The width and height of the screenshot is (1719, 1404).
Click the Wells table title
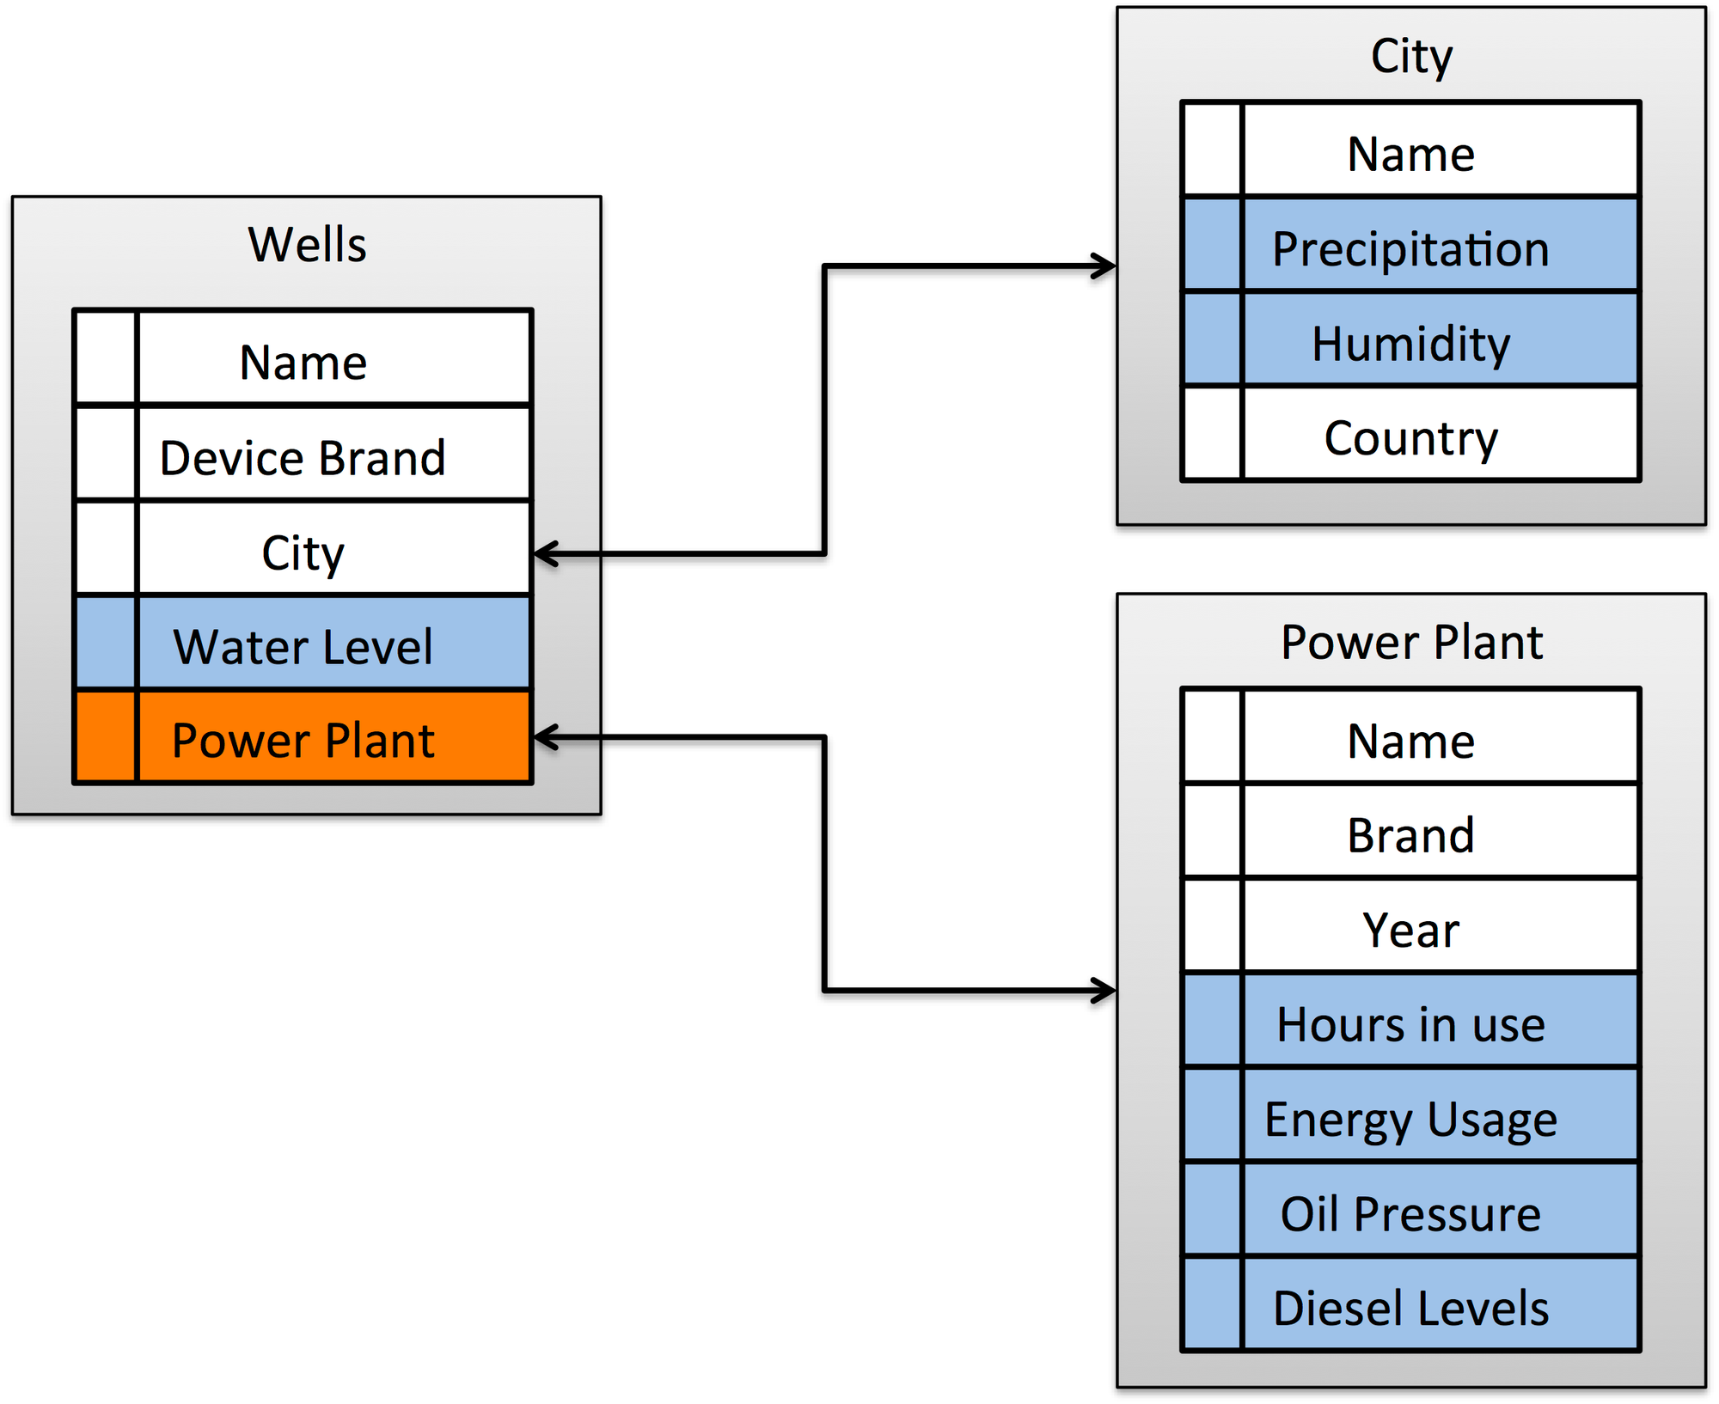coord(307,244)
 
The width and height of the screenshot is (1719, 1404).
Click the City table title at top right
coord(1411,57)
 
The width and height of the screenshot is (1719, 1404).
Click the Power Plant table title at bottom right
coord(1411,643)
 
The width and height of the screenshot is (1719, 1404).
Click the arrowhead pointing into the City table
coord(1104,266)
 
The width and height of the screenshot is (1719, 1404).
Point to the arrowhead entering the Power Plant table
coord(1104,991)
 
